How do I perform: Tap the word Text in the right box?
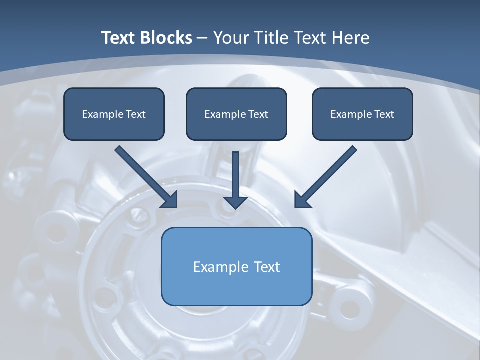[x=384, y=114]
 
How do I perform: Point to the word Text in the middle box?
[x=258, y=114]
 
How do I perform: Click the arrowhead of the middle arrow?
[x=236, y=202]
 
